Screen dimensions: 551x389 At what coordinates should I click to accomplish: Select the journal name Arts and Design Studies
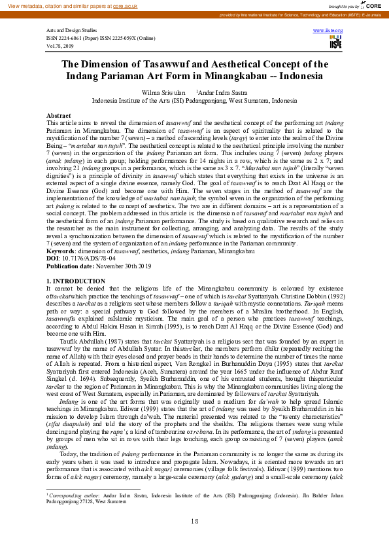click(72, 31)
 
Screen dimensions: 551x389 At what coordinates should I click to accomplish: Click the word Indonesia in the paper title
click(298, 76)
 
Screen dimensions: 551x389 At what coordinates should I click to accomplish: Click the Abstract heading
click(59, 115)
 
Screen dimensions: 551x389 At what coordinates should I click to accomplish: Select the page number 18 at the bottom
click(194, 521)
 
